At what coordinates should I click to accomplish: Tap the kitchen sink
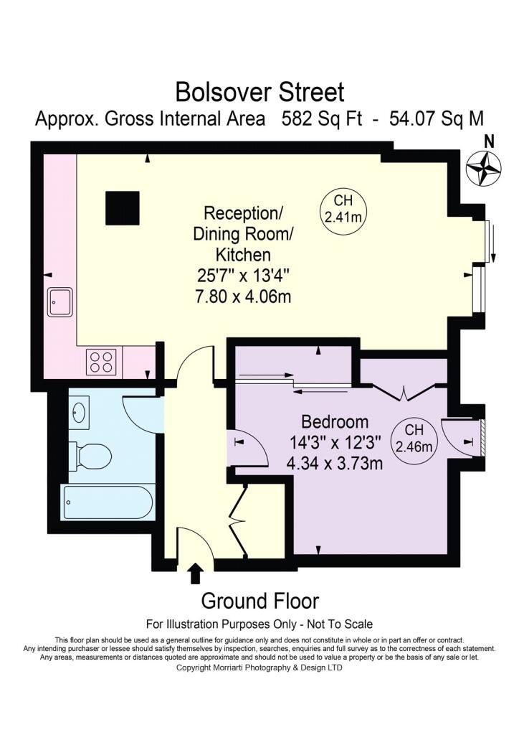point(60,302)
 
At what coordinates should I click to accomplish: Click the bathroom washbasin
point(79,411)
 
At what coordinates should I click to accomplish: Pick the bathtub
point(108,502)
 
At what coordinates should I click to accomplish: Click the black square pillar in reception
point(123,208)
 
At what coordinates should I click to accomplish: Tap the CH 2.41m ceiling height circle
point(343,209)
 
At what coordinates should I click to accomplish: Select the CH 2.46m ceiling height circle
point(414,439)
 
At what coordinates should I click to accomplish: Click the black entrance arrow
point(196,574)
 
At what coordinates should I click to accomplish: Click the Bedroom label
point(335,422)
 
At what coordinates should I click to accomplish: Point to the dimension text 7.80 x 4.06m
point(243,296)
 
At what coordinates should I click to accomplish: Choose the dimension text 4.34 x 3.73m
point(335,463)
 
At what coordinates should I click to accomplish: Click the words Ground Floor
point(260,601)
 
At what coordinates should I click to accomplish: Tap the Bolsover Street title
point(259,93)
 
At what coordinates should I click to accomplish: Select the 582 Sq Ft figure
point(322,118)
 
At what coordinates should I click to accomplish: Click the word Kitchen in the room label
point(243,255)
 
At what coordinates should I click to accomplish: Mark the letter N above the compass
point(490,141)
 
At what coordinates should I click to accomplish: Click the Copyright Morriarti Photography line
point(259,668)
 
